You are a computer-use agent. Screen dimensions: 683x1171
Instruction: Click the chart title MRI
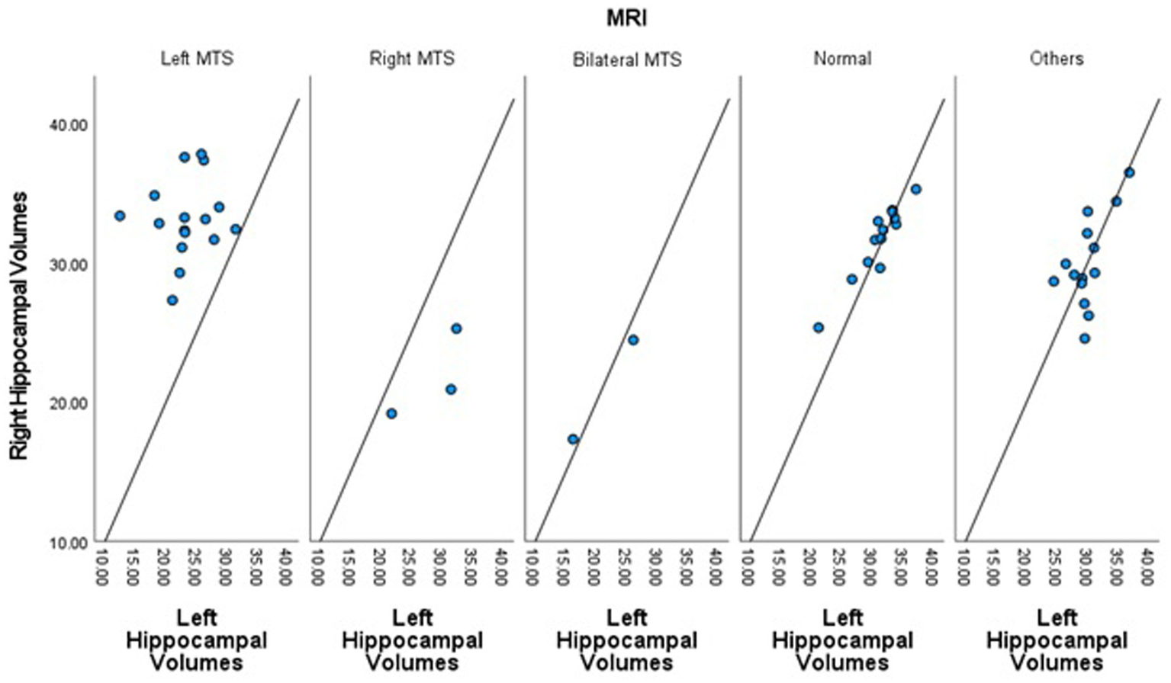tap(626, 18)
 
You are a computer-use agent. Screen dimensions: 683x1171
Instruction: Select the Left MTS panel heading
tap(196, 59)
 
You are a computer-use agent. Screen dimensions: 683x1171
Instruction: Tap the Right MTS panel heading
tap(411, 59)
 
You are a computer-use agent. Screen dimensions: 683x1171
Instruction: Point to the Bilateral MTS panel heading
tap(626, 59)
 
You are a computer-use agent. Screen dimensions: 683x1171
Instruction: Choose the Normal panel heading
tap(841, 59)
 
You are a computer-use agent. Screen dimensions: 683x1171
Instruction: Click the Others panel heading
tap(1056, 59)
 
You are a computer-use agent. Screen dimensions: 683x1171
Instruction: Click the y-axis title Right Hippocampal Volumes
tap(18, 325)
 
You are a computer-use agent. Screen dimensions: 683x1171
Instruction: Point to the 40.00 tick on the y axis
tap(69, 125)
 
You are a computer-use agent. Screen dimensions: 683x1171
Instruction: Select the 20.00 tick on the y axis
tap(69, 403)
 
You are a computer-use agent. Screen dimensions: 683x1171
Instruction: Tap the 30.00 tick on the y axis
tap(69, 265)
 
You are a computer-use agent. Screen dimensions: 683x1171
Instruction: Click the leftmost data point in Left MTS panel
tap(120, 216)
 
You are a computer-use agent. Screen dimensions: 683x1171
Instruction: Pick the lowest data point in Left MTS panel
tap(172, 300)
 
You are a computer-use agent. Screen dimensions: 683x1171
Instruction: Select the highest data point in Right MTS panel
tap(456, 329)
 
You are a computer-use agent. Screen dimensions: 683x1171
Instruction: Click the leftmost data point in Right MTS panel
tap(391, 414)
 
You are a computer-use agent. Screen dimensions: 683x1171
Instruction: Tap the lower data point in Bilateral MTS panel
tap(573, 439)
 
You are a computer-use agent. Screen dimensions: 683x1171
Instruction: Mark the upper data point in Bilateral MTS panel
tap(632, 340)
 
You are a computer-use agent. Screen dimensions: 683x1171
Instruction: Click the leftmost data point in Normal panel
tap(818, 328)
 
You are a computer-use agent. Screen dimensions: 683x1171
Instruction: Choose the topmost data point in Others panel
tap(1129, 173)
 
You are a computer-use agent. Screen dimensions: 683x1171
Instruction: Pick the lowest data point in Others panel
tap(1084, 338)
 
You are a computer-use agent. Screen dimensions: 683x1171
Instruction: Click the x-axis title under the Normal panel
tap(841, 640)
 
